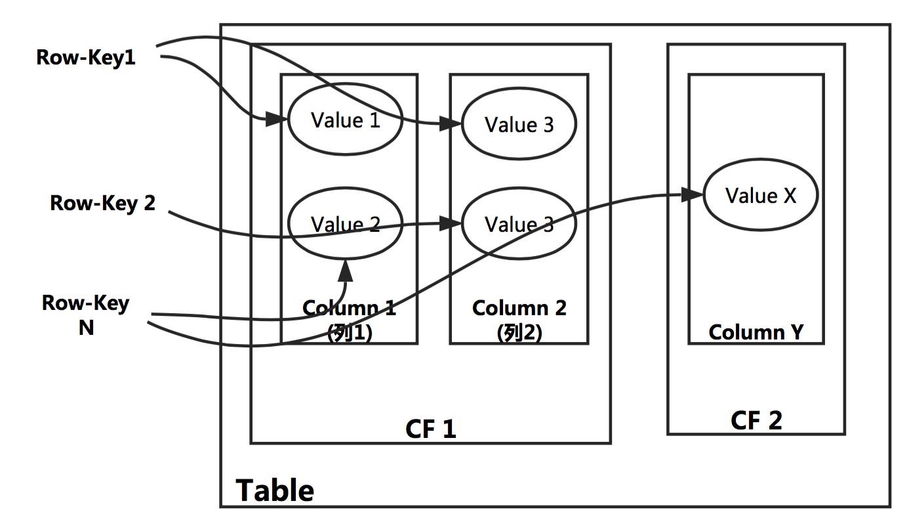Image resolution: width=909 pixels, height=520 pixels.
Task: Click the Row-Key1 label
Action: coord(86,57)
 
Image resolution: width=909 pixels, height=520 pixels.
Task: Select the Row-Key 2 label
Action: coord(103,203)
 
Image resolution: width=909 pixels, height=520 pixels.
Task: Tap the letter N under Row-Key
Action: coord(86,327)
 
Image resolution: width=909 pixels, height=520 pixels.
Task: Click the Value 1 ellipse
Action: coord(345,121)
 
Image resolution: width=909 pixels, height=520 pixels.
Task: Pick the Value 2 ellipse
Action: coord(345,225)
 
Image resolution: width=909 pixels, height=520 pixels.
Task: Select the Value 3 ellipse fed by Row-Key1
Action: coord(519,125)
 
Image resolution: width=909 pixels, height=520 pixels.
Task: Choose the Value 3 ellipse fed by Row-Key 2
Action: coord(519,225)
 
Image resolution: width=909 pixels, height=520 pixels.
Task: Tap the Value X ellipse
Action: coord(761,195)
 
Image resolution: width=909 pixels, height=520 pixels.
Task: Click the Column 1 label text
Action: coord(349,308)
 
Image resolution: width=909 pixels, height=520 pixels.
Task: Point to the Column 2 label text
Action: coord(519,308)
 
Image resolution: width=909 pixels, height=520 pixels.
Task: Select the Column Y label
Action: coord(756,332)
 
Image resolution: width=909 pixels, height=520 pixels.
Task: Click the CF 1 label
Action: coord(430,429)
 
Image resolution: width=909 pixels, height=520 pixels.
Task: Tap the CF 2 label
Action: coord(756,420)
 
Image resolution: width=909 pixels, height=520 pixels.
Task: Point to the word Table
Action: coord(275,490)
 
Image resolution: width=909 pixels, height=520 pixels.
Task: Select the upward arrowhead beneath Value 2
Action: coord(346,265)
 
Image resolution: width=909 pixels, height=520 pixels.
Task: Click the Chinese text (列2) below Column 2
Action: coord(519,334)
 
